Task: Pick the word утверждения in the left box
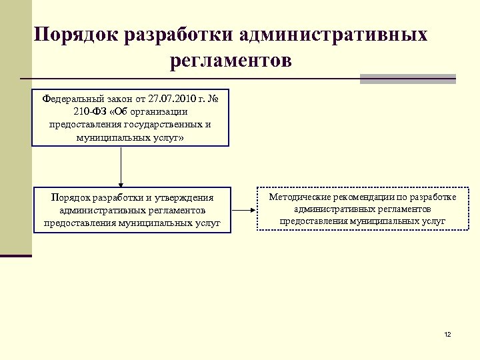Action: (x=182, y=198)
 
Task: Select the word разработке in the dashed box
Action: (x=433, y=197)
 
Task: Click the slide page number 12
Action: (x=447, y=333)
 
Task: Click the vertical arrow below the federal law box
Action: (x=121, y=166)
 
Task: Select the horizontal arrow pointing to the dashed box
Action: (x=243, y=210)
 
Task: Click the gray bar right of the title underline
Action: (x=407, y=79)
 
